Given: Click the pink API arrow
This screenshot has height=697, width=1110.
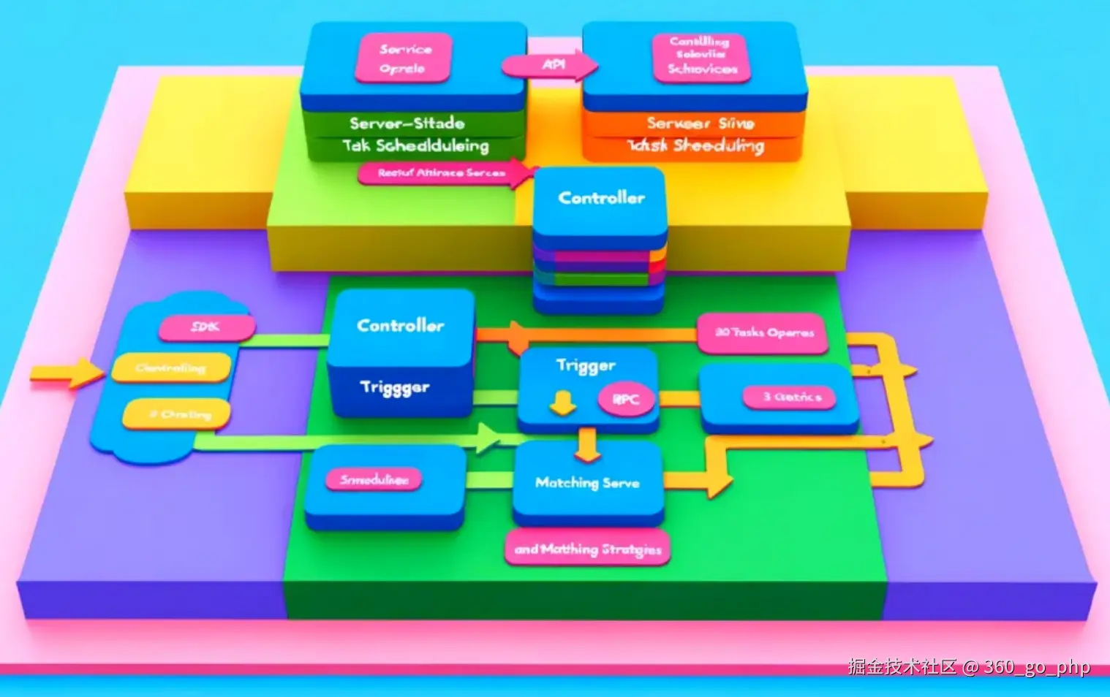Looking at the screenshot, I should (550, 65).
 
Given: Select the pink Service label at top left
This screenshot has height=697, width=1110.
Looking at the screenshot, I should (404, 58).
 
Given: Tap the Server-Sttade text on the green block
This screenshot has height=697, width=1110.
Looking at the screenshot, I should (407, 123).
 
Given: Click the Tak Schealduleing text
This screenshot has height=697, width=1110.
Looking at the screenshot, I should (415, 146).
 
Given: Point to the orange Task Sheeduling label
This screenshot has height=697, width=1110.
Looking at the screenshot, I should (695, 146).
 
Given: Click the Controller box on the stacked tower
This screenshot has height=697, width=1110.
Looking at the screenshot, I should (601, 199).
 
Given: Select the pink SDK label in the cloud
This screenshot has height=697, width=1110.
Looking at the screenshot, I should (207, 327).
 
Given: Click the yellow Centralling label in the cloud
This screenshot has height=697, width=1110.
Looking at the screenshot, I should (171, 367).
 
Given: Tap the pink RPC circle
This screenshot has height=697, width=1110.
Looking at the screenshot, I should (626, 400).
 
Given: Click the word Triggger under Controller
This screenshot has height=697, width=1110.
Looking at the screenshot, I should (395, 388).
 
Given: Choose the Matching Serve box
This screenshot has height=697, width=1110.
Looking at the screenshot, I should (587, 483).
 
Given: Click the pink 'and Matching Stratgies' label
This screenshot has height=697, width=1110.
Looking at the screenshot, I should (587, 549).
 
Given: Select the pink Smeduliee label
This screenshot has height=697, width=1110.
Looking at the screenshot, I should (374, 480).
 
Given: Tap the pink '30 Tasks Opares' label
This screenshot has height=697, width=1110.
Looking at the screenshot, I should (763, 333).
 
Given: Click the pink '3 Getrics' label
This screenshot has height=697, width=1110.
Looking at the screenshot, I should (790, 397).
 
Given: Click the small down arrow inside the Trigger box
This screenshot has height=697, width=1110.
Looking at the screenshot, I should (562, 402).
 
